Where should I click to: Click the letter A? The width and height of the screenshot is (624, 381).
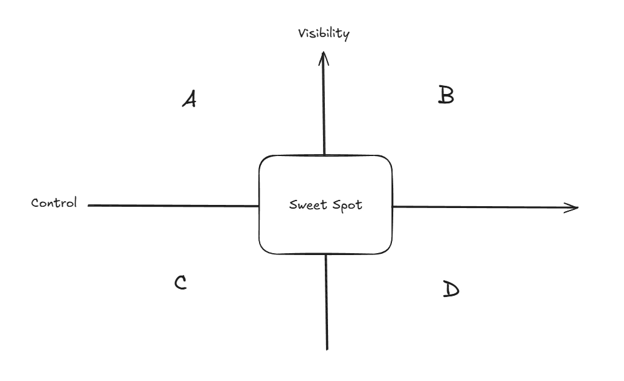188,99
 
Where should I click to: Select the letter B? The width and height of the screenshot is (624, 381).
445,95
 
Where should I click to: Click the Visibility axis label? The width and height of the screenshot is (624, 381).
323,33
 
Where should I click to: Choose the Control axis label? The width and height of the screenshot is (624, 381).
54,203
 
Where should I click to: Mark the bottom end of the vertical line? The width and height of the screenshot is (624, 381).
327,348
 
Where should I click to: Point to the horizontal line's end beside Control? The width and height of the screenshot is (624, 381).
89,205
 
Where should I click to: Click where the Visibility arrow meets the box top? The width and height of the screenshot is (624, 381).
324,155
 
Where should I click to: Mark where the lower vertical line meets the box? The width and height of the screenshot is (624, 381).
326,254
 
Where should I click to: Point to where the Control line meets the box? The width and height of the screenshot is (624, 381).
259,205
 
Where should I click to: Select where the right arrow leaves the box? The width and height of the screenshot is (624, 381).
393,206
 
